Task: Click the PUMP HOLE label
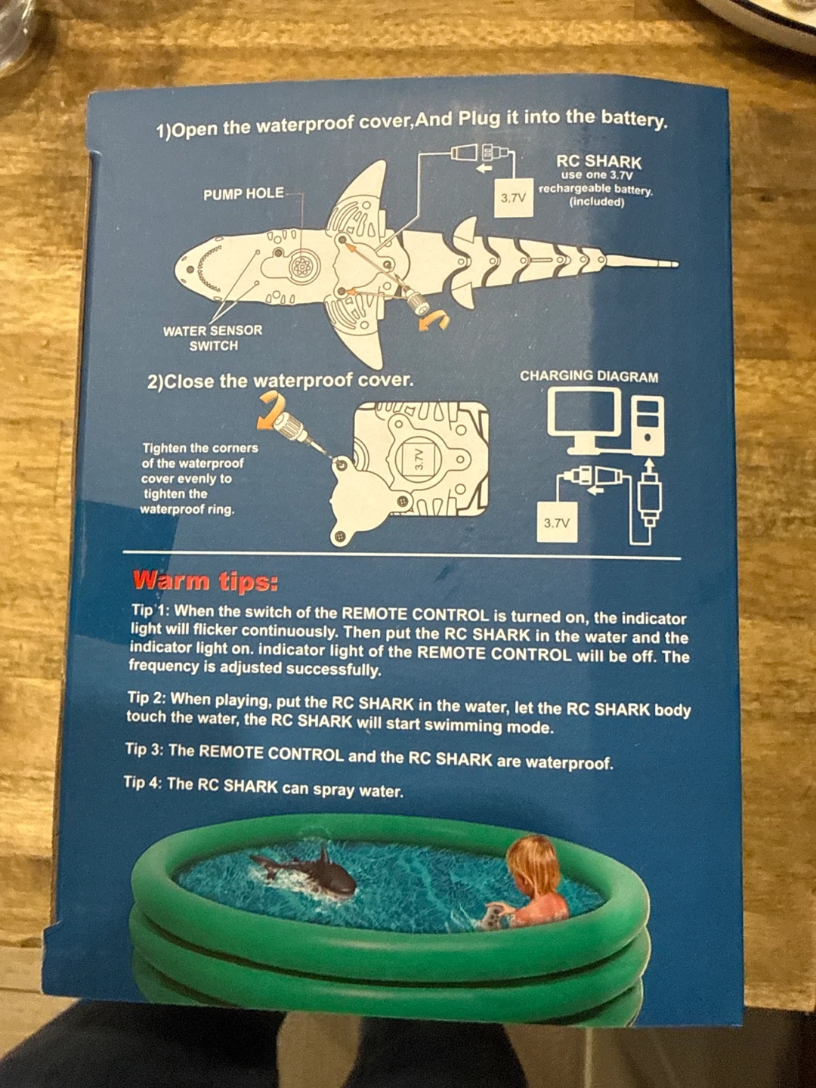click(x=244, y=194)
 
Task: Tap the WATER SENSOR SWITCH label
click(x=213, y=338)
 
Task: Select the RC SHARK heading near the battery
click(x=598, y=162)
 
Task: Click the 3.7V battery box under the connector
click(x=515, y=198)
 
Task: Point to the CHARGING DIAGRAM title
click(x=589, y=376)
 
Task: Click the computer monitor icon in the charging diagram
click(x=585, y=421)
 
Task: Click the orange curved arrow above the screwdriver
click(x=272, y=406)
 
